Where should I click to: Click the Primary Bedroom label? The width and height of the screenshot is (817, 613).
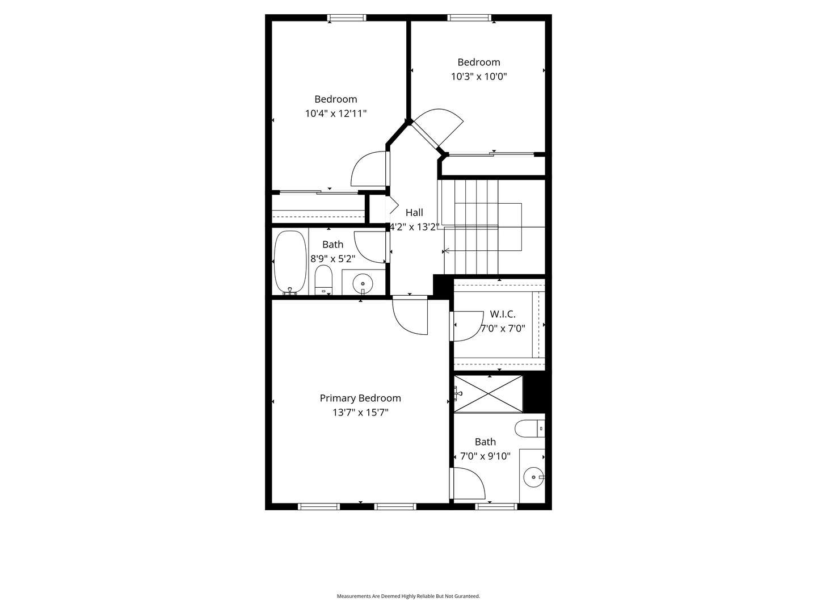pos(360,398)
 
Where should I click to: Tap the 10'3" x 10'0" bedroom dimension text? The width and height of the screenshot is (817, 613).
pos(479,76)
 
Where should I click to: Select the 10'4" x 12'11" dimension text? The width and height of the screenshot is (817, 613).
pos(336,114)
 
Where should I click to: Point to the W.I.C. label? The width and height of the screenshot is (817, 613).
pos(503,314)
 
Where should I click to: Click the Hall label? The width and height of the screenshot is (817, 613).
pos(414,212)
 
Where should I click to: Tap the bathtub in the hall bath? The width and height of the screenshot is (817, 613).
pos(290,262)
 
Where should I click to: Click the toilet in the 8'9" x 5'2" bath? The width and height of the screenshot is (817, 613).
pos(323,279)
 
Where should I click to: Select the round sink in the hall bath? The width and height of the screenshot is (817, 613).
pos(363,284)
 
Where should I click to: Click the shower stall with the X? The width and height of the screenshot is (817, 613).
pos(488,394)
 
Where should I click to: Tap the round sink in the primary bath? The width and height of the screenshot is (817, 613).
pos(534,477)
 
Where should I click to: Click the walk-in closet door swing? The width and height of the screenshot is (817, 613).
pos(467,326)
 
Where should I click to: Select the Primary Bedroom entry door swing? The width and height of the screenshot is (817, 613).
pos(410,316)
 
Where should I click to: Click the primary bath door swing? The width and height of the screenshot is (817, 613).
pos(468,483)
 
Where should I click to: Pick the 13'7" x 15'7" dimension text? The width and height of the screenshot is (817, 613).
pos(360,413)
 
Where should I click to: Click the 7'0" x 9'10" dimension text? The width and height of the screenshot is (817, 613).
pos(485,456)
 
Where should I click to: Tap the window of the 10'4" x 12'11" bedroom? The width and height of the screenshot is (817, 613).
pos(347,18)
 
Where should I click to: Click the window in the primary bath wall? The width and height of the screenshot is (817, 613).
pos(496,506)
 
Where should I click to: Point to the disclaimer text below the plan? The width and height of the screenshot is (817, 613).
pos(408,596)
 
